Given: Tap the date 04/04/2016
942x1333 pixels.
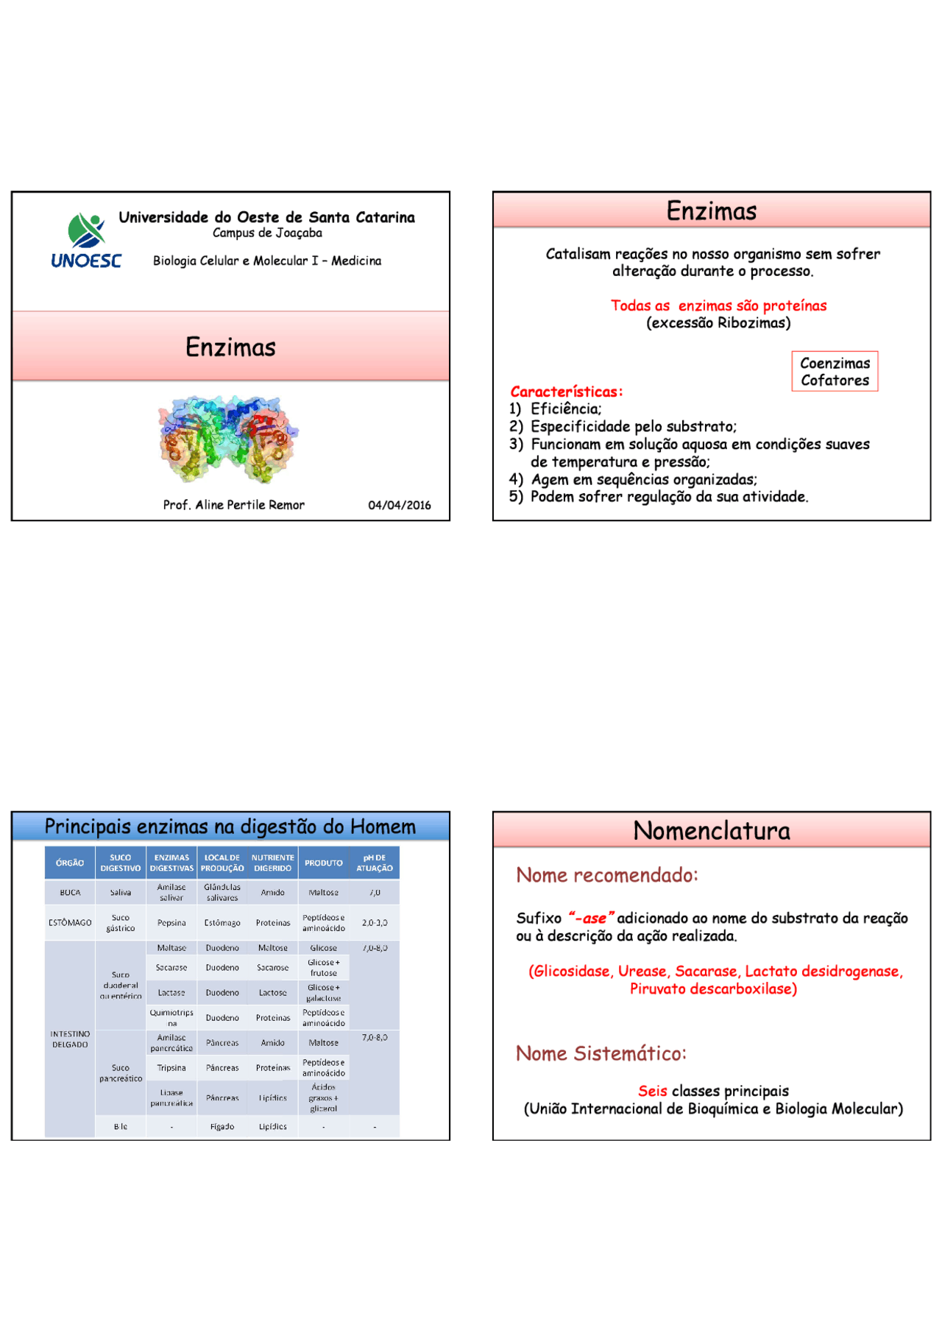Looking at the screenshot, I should [x=400, y=505].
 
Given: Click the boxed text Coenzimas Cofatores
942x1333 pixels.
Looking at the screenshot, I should [x=835, y=372].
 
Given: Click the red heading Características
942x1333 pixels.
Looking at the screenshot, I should [x=566, y=392].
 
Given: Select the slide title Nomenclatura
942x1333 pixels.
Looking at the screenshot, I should [x=711, y=831].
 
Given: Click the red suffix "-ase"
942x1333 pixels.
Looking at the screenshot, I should [x=591, y=918].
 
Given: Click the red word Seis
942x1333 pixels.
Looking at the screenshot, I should [x=653, y=1091].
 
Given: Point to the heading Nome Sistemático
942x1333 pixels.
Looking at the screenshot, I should [x=601, y=1054].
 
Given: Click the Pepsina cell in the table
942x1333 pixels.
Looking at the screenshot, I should [x=171, y=923].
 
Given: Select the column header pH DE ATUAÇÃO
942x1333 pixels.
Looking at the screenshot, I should [x=375, y=863].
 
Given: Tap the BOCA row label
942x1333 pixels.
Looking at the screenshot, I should [x=70, y=893].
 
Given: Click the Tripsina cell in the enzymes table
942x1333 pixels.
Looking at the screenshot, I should [x=171, y=1068].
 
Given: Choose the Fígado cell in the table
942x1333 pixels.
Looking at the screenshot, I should [x=222, y=1127].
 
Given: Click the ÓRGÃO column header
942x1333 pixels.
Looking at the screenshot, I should [x=70, y=863].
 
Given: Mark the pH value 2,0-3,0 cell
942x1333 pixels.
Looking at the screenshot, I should [x=375, y=923].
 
